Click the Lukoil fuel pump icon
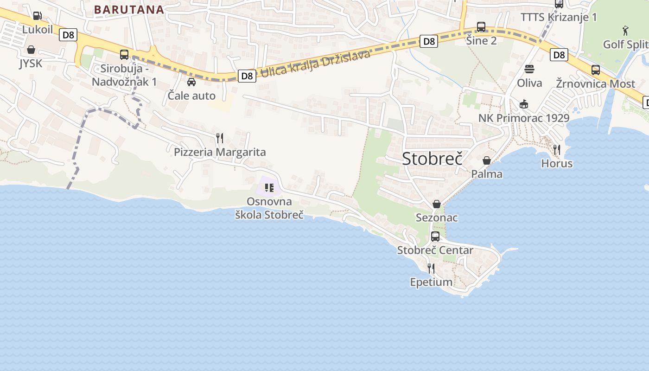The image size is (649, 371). (x=37, y=16)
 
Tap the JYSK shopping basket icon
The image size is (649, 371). (x=31, y=50)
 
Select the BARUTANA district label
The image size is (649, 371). (x=129, y=10)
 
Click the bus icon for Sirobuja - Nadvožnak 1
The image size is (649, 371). (x=124, y=54)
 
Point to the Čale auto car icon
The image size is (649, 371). (x=191, y=82)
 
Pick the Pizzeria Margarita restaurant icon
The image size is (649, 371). (x=220, y=138)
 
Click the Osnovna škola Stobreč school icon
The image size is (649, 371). (x=269, y=188)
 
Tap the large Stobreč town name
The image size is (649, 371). (x=432, y=159)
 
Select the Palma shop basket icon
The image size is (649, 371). (x=487, y=160)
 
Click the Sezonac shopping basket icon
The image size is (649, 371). (x=437, y=204)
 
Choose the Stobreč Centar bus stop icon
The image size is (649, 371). (x=435, y=237)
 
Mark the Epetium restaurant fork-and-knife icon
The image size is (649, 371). (x=431, y=268)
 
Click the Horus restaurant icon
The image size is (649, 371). (x=557, y=149)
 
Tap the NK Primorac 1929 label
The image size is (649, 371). (x=524, y=118)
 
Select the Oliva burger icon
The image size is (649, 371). (x=529, y=70)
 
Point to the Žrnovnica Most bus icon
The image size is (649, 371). (x=596, y=70)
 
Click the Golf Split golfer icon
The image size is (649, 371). (x=626, y=31)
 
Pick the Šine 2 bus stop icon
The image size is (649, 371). (x=481, y=27)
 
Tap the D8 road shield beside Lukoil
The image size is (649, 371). (x=68, y=35)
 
